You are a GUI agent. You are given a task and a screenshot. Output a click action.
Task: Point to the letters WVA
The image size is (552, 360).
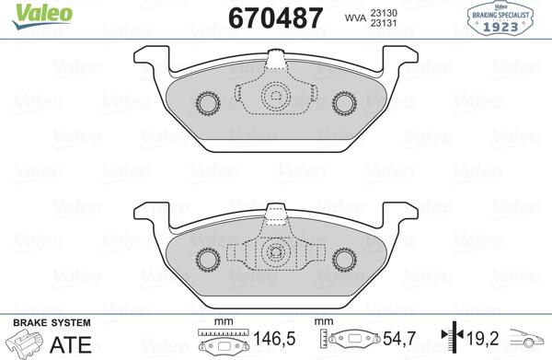tap(354, 17)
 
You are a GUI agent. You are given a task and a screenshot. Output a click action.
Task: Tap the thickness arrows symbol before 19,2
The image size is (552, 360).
tap(451, 340)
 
